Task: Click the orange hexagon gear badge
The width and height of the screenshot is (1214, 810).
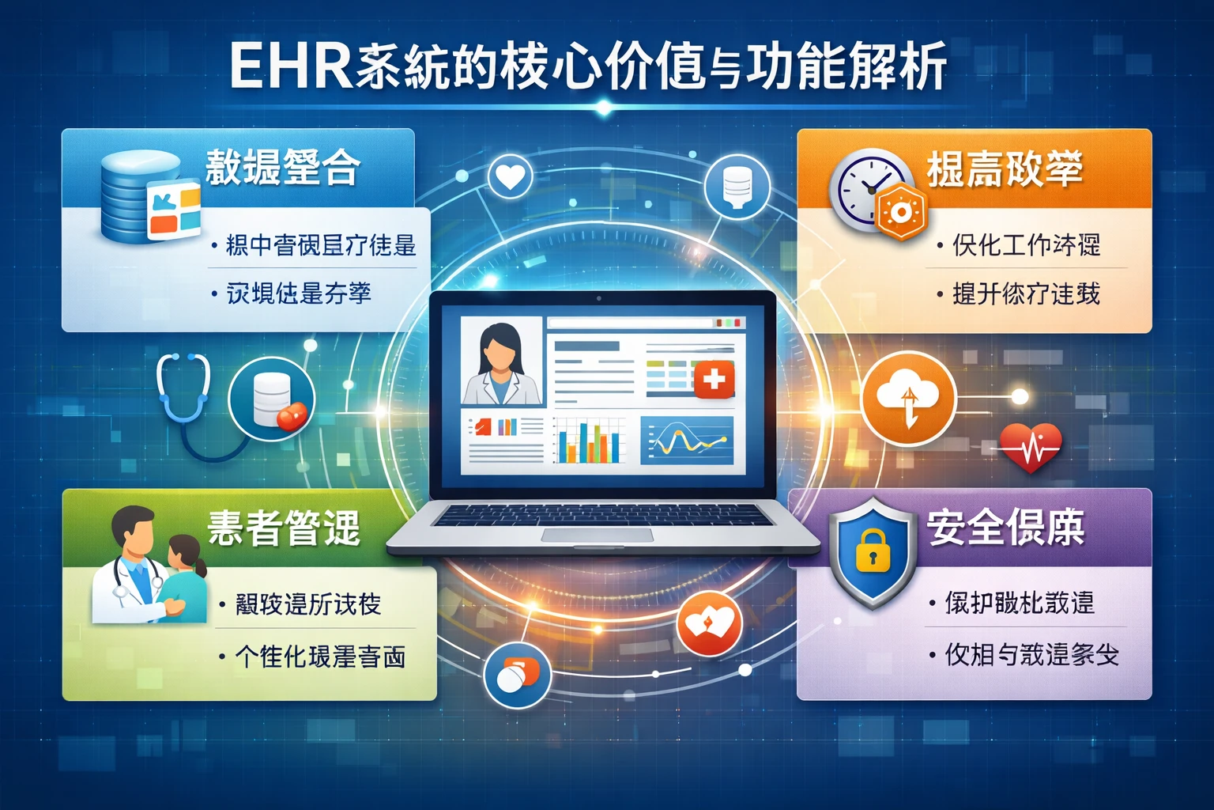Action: tap(900, 211)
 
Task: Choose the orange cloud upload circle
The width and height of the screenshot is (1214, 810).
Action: tap(908, 397)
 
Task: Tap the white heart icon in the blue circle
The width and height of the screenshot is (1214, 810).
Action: tap(510, 177)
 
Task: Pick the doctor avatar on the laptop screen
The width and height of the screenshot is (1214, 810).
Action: tap(501, 363)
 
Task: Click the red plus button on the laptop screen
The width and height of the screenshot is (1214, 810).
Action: tap(714, 380)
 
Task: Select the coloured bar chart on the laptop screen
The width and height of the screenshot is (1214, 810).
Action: tap(589, 441)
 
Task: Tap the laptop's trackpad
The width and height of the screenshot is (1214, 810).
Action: tap(597, 536)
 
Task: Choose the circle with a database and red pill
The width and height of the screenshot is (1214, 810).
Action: tap(272, 399)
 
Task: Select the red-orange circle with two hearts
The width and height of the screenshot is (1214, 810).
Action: tap(709, 623)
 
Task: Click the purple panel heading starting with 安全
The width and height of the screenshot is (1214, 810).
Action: tap(1005, 527)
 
